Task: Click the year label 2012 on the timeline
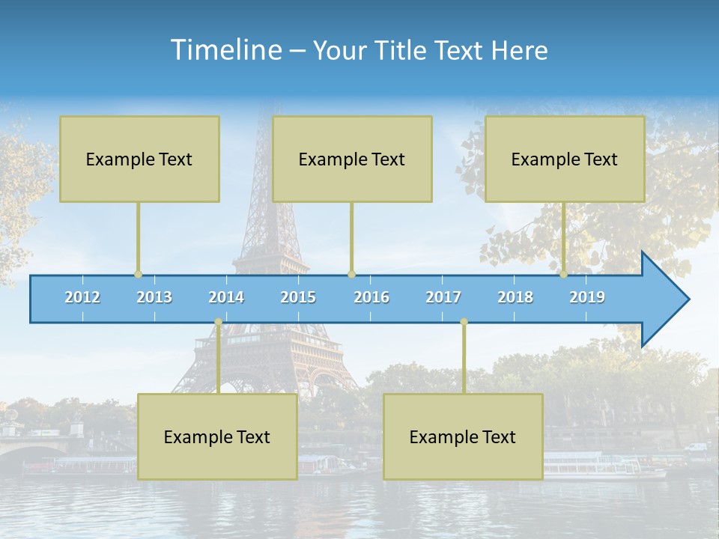tap(82, 297)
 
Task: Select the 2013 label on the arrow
tap(154, 297)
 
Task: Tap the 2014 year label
tap(226, 297)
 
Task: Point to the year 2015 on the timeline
tap(298, 297)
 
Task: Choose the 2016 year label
tap(371, 297)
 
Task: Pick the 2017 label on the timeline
tap(443, 297)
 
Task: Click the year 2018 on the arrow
tap(515, 297)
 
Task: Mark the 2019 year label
tap(587, 297)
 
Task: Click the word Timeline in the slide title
tap(224, 49)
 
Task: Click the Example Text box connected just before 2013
tap(139, 159)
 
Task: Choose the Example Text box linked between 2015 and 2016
tap(352, 159)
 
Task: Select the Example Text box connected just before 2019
tap(565, 159)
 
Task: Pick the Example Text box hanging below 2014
tap(217, 436)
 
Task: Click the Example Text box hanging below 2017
tap(463, 436)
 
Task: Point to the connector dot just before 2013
tap(138, 274)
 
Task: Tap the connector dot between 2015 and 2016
tap(351, 274)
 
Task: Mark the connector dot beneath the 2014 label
tap(218, 322)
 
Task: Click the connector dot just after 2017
tap(464, 322)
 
